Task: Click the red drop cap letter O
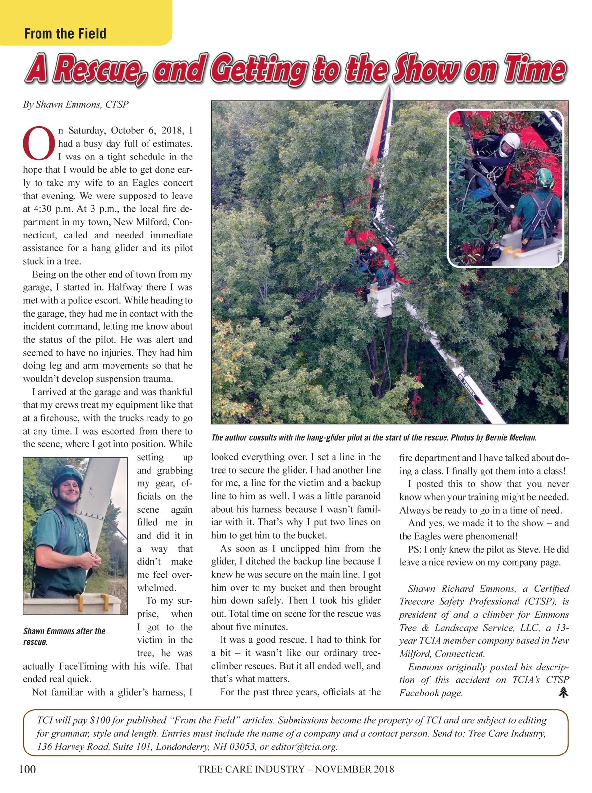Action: click(x=39, y=144)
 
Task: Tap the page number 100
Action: click(x=27, y=769)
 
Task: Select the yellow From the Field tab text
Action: click(x=65, y=34)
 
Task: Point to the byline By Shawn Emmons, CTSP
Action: click(x=75, y=104)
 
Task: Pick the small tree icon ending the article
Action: click(x=563, y=692)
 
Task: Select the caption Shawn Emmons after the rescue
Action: click(x=64, y=636)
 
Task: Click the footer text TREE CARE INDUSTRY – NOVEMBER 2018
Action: click(x=296, y=769)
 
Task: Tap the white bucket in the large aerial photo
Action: click(x=380, y=300)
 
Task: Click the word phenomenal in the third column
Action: click(x=491, y=536)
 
